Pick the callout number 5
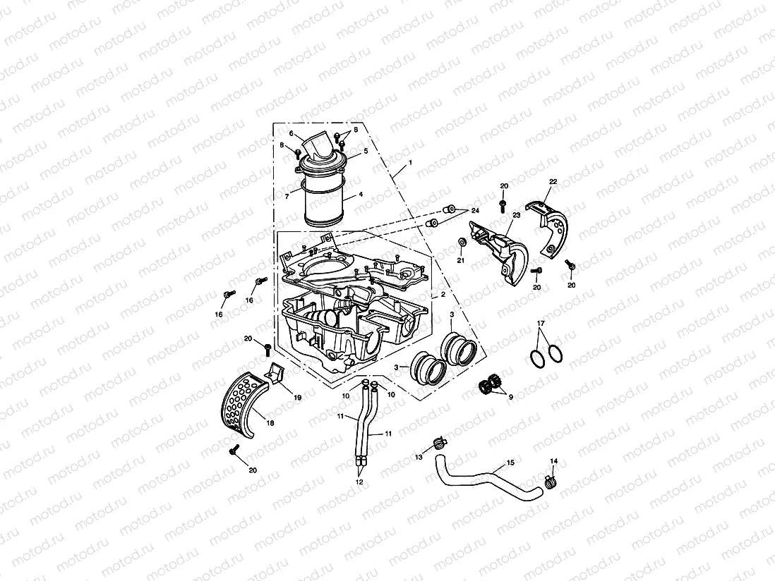366,152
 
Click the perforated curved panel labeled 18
240,403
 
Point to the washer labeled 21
460,243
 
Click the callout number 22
553,182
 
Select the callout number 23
516,216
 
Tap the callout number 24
475,211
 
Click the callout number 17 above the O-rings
541,324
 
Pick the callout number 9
510,396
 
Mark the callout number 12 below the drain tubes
359,482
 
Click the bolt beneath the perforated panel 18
234,448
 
